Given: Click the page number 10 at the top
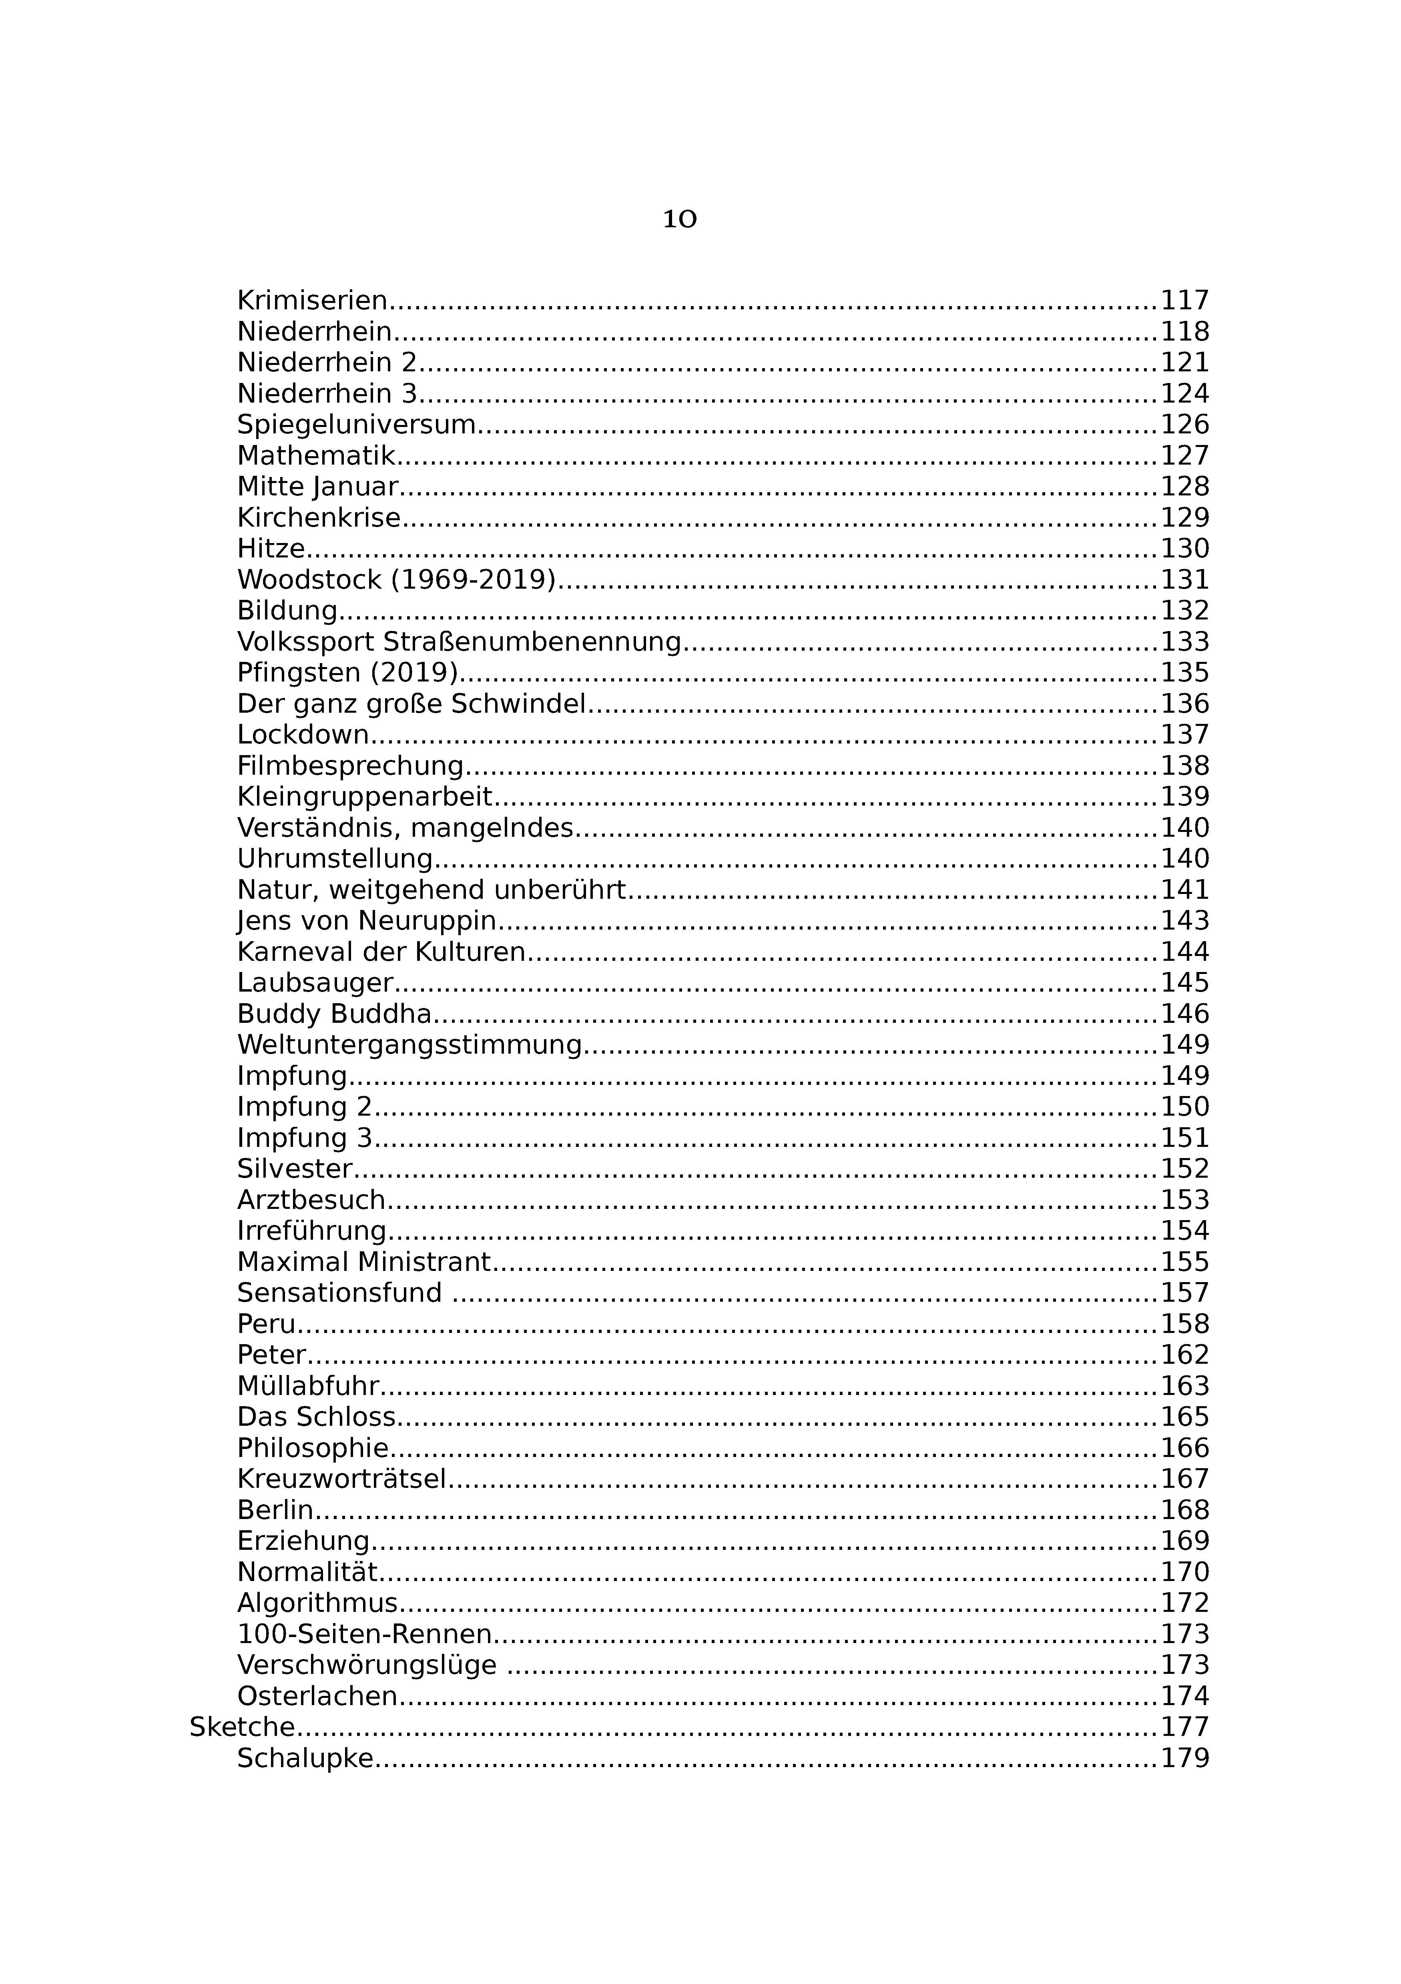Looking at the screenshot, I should pos(679,219).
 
